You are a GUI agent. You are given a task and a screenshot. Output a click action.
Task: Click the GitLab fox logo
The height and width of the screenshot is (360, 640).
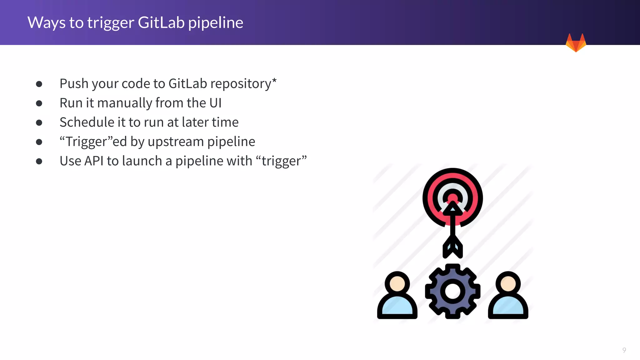(x=576, y=43)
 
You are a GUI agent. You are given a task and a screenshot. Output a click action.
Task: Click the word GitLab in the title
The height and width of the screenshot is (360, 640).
(x=161, y=23)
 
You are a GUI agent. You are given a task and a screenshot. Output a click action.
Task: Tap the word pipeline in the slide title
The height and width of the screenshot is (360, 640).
(x=216, y=23)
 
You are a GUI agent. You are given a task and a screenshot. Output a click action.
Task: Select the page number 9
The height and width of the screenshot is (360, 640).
(x=624, y=350)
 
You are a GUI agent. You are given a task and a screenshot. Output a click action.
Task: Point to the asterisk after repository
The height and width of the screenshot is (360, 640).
(x=274, y=80)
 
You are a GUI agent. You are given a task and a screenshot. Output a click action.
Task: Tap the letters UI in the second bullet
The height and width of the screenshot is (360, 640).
(x=215, y=103)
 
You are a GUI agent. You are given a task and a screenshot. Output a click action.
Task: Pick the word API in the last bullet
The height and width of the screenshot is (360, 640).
(x=94, y=161)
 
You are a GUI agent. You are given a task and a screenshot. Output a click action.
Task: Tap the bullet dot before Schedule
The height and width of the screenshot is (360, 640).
(x=39, y=122)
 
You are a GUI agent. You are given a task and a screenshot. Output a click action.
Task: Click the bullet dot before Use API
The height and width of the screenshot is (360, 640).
(x=39, y=161)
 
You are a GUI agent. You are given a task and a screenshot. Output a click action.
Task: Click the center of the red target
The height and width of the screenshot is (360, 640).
(x=452, y=198)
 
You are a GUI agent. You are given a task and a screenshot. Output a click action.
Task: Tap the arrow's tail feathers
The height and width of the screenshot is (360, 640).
(x=452, y=247)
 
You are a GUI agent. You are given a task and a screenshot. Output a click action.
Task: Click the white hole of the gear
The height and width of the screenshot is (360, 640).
(x=452, y=291)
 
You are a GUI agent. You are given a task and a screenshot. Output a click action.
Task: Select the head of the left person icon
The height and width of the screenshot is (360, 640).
(x=397, y=283)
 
